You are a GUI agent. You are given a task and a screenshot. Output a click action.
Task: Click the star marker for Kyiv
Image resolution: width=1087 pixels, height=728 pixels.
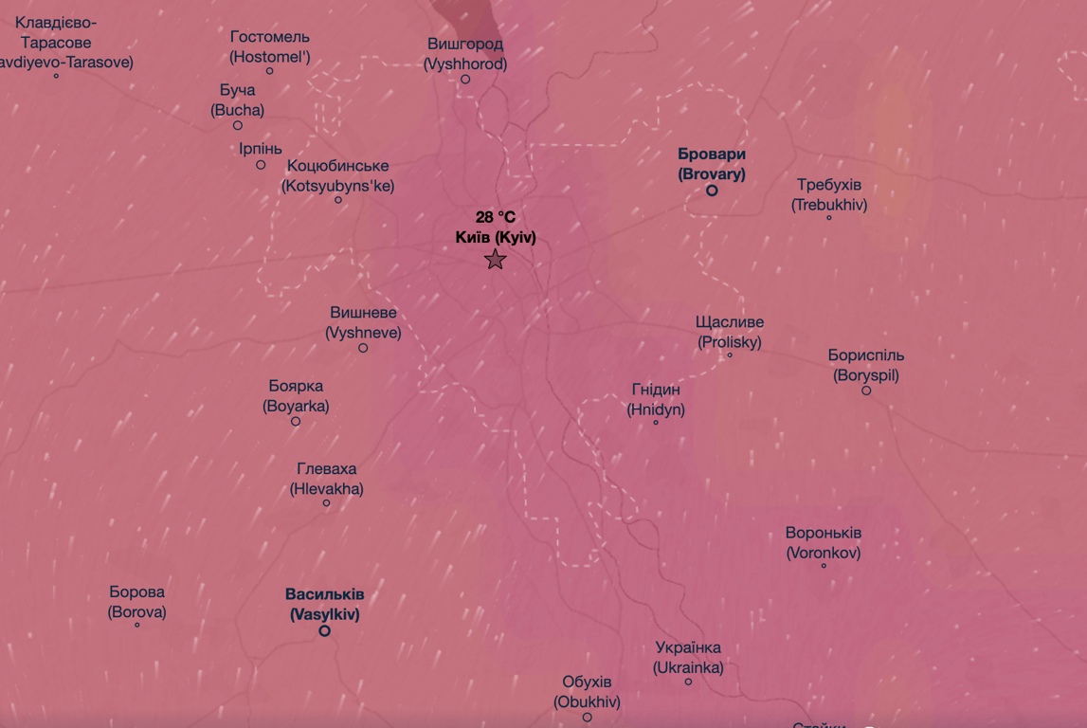pos(495,260)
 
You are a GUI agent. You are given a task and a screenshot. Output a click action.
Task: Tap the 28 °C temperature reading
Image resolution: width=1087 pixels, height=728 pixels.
pos(496,217)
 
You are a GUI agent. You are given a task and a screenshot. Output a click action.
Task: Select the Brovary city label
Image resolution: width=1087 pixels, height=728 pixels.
pos(712,164)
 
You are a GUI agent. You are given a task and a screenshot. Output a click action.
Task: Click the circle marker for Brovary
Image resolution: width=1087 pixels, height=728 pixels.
pos(712,191)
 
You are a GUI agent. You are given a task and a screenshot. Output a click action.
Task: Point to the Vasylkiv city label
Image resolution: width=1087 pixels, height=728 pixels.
pos(325,604)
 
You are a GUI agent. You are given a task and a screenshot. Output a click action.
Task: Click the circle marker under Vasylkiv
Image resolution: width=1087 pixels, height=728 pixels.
pos(324,630)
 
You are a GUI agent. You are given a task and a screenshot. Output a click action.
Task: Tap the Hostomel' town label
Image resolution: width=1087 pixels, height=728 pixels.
pos(270,46)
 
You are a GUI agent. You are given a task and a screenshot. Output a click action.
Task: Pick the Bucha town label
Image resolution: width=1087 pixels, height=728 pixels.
pos(237,100)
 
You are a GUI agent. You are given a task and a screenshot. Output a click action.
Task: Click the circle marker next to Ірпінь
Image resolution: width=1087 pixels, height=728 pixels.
pos(261,165)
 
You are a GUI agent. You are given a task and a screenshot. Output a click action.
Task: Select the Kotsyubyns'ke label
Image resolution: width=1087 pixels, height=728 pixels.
pos(337,176)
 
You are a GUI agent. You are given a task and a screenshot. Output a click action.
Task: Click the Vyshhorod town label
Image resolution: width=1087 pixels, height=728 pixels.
pos(465,54)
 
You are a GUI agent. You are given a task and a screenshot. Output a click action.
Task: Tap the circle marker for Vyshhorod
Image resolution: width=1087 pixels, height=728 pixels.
pos(465,80)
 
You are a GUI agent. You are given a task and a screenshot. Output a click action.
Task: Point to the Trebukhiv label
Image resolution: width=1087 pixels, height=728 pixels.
pos(829,194)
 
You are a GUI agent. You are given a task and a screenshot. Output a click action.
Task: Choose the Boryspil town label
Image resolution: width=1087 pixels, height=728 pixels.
pos(866,365)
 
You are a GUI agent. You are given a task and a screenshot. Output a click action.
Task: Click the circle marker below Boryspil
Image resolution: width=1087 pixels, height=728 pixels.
pos(866,391)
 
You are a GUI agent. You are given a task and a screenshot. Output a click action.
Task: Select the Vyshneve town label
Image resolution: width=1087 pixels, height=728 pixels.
pos(363,322)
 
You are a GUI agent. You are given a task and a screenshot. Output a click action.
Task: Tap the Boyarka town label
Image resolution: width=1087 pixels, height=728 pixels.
pos(296,396)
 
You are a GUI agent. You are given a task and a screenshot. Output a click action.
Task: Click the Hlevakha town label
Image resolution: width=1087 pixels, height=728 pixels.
pos(327,479)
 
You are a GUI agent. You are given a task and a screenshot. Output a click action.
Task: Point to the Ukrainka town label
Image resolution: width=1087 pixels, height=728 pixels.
pos(688,657)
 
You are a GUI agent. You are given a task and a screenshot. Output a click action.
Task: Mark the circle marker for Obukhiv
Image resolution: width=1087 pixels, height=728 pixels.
pos(587,718)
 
